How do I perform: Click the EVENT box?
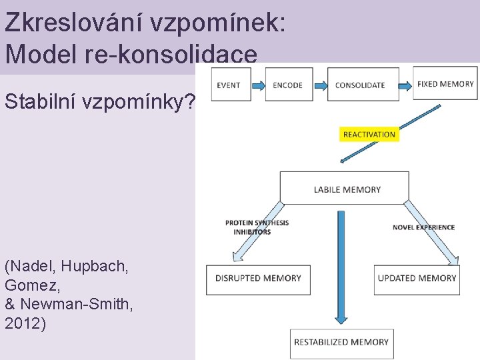[x=231, y=85]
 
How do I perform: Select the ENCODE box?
[x=288, y=85]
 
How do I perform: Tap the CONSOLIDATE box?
[x=361, y=85]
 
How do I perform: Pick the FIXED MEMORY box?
[x=445, y=83]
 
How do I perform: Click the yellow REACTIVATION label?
[x=369, y=135]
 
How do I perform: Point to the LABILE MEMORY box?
[x=345, y=189]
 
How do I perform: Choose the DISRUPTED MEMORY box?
[x=258, y=278]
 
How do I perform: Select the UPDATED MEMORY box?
[x=417, y=278]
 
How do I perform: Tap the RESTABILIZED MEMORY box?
[x=341, y=342]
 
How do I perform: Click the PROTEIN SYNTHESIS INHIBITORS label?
[x=257, y=227]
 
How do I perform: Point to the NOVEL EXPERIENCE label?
[x=423, y=227]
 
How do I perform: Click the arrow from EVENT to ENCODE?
[x=257, y=85]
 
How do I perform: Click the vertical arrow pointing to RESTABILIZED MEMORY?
[x=341, y=267]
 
